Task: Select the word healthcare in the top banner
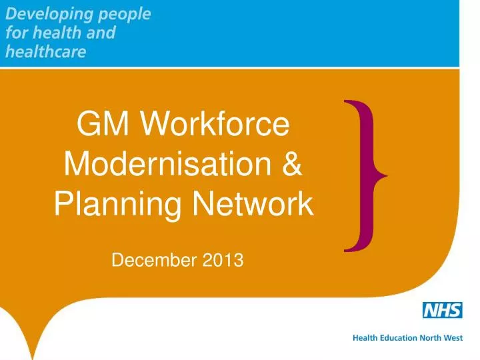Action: click(45, 52)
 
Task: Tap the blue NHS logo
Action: click(443, 310)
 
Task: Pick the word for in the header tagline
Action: click(15, 33)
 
